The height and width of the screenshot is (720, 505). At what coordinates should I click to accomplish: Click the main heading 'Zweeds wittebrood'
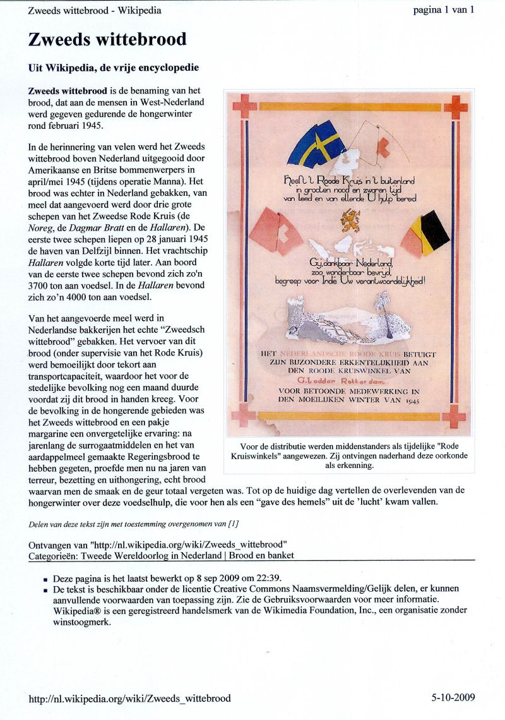point(107,40)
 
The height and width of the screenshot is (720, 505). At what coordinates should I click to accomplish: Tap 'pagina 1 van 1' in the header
point(443,9)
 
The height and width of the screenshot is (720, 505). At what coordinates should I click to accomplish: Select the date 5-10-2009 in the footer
point(453,698)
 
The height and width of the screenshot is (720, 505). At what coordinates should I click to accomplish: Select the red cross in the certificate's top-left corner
point(242,106)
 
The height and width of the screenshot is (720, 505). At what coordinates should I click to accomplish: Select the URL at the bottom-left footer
point(129,698)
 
